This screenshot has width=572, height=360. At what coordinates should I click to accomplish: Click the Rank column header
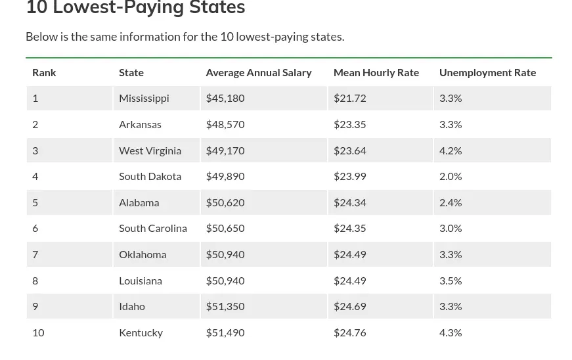(x=44, y=72)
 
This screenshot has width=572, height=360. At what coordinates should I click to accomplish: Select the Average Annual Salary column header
(x=258, y=72)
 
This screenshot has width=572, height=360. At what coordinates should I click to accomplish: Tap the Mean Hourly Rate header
(x=376, y=72)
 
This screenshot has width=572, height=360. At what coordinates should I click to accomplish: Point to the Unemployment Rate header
(x=487, y=72)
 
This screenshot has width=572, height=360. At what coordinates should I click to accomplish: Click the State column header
(x=131, y=72)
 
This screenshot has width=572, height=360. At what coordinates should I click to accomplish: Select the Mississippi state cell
(x=144, y=98)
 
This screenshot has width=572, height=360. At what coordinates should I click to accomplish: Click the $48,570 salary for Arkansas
(x=225, y=124)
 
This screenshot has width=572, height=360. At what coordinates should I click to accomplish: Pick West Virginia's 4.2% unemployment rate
(x=451, y=150)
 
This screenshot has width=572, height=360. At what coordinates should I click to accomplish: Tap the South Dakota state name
(x=150, y=176)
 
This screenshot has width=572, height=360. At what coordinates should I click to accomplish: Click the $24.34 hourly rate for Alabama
(x=349, y=202)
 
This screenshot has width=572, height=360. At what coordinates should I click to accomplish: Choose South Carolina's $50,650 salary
(x=225, y=228)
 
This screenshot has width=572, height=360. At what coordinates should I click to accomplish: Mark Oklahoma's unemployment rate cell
(x=451, y=254)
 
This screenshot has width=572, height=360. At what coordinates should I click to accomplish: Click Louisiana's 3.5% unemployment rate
(x=451, y=281)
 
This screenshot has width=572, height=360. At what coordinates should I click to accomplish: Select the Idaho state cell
(x=132, y=306)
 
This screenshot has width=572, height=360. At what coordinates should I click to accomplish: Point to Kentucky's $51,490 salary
(x=225, y=332)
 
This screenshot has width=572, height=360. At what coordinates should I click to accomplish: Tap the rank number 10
(x=38, y=332)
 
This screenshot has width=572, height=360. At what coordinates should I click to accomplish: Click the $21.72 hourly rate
(x=349, y=98)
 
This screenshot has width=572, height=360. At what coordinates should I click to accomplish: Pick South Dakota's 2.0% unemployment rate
(x=451, y=176)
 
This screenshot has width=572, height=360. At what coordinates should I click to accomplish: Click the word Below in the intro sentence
(x=41, y=37)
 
